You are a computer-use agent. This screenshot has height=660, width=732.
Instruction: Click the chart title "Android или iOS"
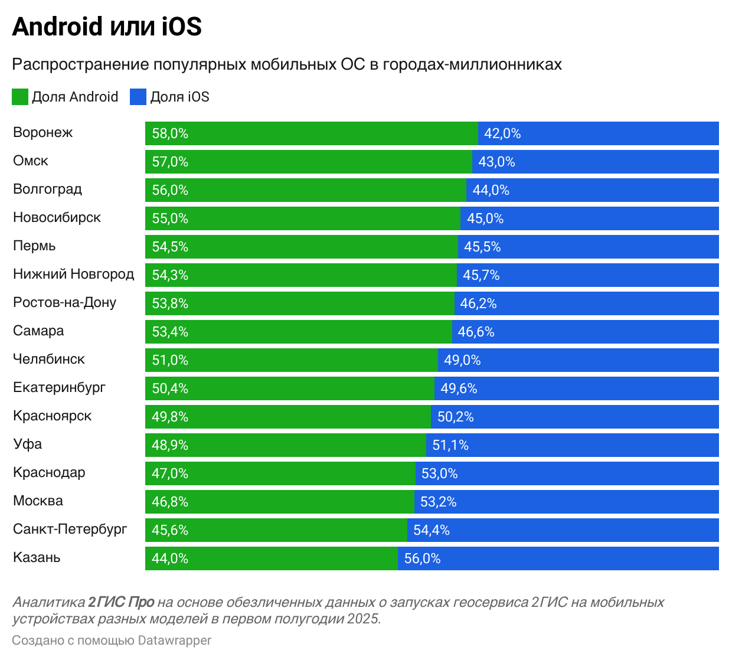coord(107,27)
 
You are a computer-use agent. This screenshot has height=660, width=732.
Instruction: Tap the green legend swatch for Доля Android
coord(20,97)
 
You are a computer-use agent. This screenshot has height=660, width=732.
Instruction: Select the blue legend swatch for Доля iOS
coord(138,97)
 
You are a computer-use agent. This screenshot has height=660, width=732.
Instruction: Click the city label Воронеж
coord(43,132)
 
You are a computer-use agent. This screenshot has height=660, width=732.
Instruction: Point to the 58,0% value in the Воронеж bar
coord(170,133)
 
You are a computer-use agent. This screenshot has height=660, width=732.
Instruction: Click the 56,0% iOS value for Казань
coord(422,558)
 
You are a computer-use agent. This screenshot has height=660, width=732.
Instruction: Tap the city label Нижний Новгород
coord(73,274)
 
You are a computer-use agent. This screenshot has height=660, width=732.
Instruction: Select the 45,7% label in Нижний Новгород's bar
coord(481,275)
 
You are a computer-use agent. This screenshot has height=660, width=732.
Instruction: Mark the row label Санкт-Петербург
coord(70,529)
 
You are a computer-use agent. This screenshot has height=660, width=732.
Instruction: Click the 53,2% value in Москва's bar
coord(438,502)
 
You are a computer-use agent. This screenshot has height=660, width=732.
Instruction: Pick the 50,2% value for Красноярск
coord(455,417)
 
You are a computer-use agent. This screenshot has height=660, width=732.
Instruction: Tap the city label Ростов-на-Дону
coord(64,302)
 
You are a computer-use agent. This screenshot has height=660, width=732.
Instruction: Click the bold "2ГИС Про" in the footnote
coord(121,602)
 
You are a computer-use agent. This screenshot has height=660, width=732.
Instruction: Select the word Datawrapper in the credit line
coord(174,641)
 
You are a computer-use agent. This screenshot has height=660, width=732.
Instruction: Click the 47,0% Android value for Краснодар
coord(170,473)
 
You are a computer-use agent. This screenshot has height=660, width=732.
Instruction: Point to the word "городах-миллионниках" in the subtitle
coord(472,64)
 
